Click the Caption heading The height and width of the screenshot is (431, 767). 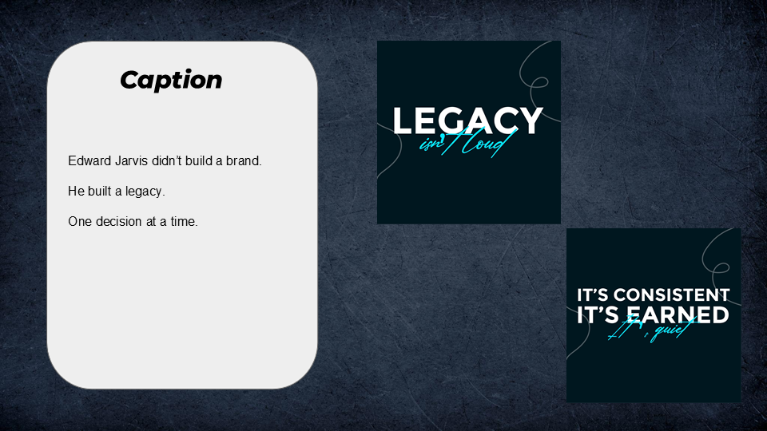tap(171, 80)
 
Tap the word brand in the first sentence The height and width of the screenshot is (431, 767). tap(243, 161)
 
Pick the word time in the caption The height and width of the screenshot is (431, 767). tap(183, 222)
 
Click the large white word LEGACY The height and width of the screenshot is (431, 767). tap(467, 121)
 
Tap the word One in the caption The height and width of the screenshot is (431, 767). tap(80, 222)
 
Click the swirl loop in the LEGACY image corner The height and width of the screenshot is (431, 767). tap(537, 82)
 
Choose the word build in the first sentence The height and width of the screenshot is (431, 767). tap(202, 161)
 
